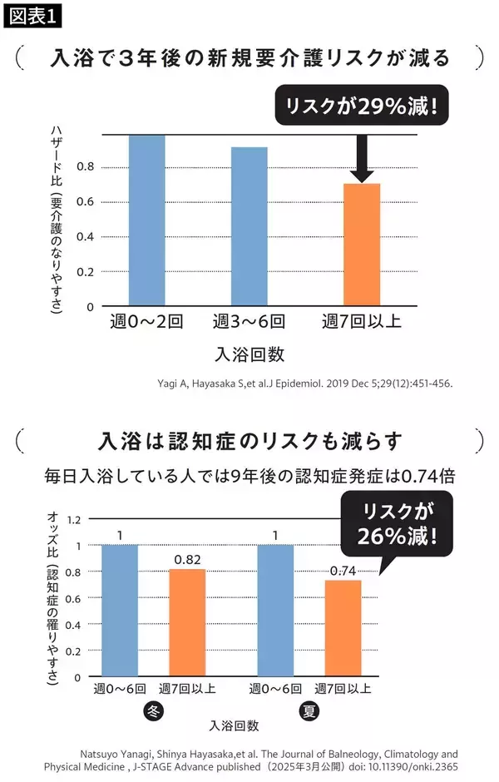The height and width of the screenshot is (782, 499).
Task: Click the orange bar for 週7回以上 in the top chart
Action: [362, 245]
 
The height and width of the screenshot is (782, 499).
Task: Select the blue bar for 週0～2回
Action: [146, 220]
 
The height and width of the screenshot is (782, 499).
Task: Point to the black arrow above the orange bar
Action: [361, 158]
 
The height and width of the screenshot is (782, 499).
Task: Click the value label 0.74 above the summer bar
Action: [343, 571]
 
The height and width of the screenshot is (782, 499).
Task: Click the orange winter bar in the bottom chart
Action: [187, 623]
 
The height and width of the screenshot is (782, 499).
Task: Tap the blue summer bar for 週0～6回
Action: [275, 611]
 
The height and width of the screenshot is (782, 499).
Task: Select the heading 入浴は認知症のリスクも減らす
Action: [249, 438]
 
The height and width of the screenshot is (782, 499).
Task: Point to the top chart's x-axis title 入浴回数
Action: [249, 354]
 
